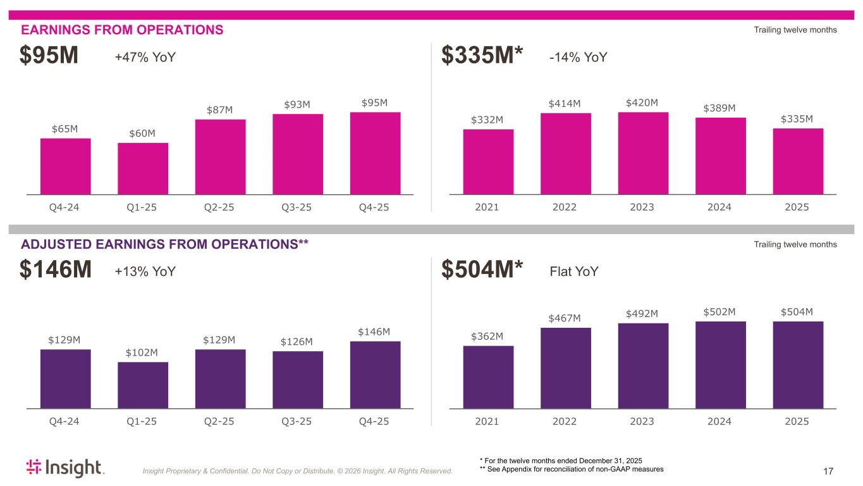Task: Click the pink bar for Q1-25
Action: pos(143,168)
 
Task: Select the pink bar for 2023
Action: pos(643,153)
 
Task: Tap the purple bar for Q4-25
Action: pos(375,375)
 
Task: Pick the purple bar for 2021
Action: pos(488,377)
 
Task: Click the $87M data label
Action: pos(220,110)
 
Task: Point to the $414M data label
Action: pos(565,103)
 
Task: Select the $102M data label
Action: pos(143,352)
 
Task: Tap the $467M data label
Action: pos(565,318)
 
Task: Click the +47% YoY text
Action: pos(145,58)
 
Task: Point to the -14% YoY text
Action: pos(578,58)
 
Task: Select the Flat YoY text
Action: pos(574,271)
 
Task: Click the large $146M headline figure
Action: pos(56,271)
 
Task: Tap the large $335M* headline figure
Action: pos(482,57)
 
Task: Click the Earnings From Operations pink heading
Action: pos(122,30)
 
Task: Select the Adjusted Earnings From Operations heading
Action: pos(164,244)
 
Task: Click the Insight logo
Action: pos(65,468)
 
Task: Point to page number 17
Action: pos(829,471)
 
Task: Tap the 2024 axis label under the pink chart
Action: pos(720,207)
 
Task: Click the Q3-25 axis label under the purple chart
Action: pos(297,421)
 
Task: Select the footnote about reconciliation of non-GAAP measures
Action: pos(572,469)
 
